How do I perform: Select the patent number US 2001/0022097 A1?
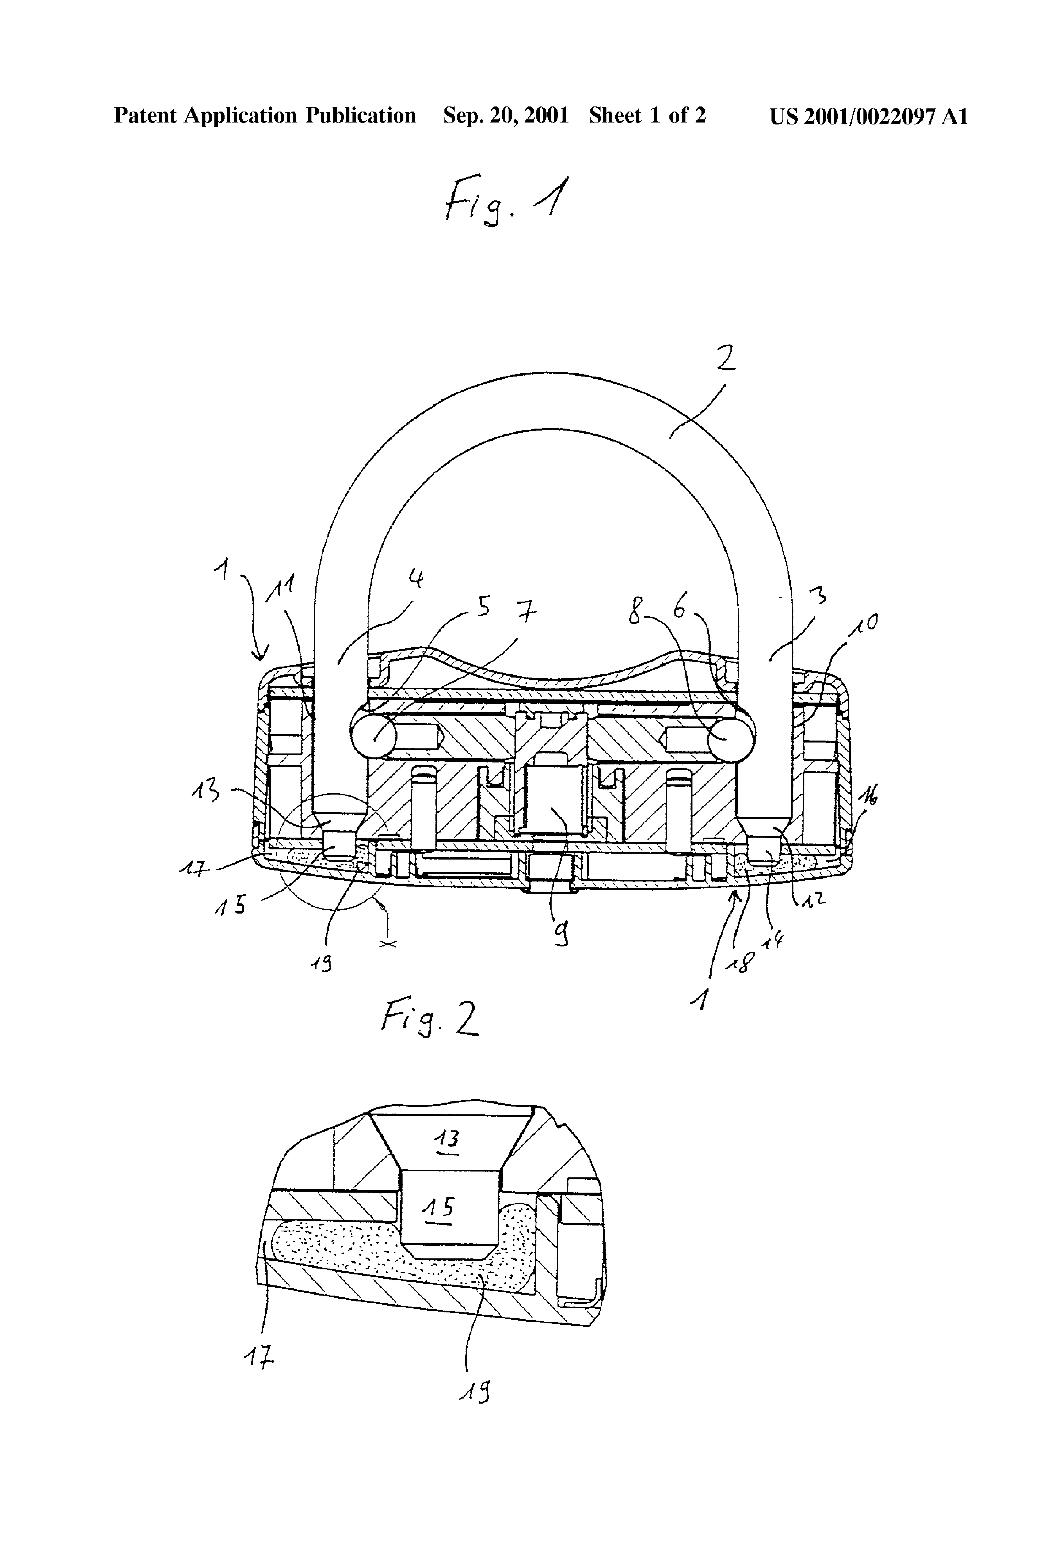pyautogui.click(x=869, y=116)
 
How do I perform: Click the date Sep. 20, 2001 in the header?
pyautogui.click(x=506, y=116)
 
